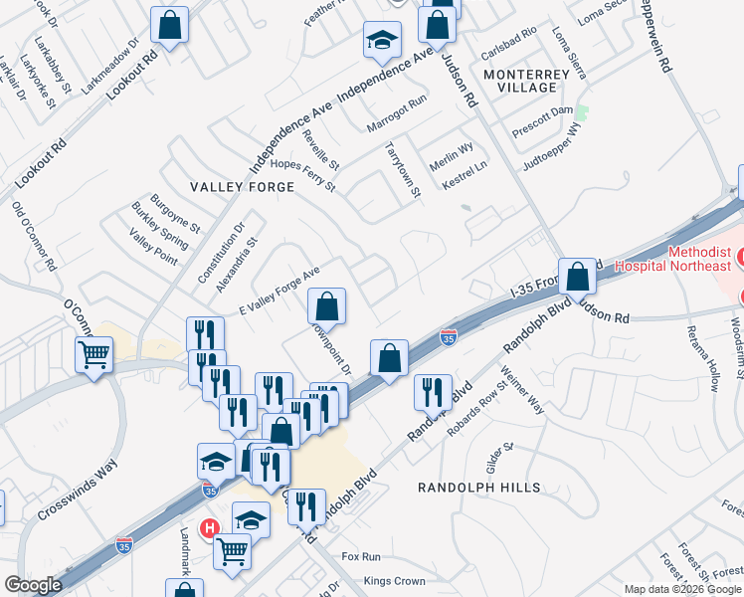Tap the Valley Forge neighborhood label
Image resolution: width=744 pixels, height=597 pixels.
click(244, 186)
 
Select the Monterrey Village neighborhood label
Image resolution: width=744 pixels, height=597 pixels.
click(519, 81)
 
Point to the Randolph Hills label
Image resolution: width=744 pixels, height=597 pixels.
click(478, 488)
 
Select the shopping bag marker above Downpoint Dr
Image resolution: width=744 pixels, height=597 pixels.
click(326, 305)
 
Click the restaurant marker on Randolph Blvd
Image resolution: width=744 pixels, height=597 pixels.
click(433, 391)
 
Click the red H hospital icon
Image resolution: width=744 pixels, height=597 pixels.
click(210, 529)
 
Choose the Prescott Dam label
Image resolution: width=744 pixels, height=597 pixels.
click(543, 109)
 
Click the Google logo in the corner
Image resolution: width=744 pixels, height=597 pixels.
click(33, 585)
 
